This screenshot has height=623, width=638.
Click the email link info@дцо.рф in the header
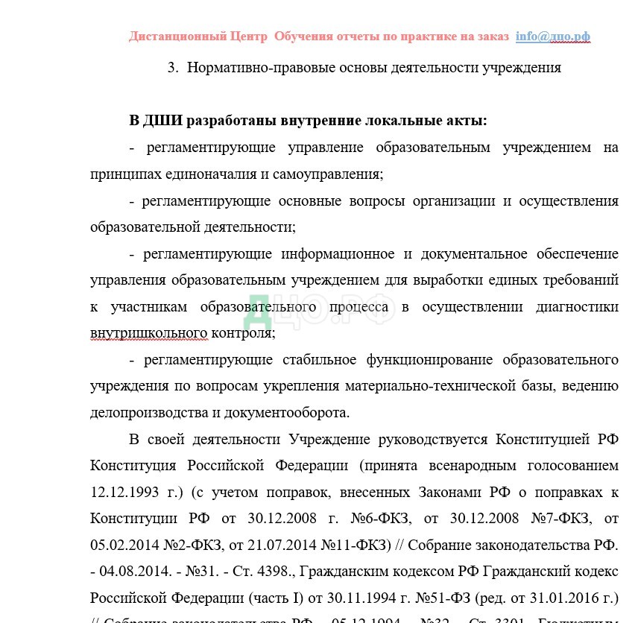coord(552,37)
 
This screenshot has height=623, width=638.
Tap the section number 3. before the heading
coord(173,68)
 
